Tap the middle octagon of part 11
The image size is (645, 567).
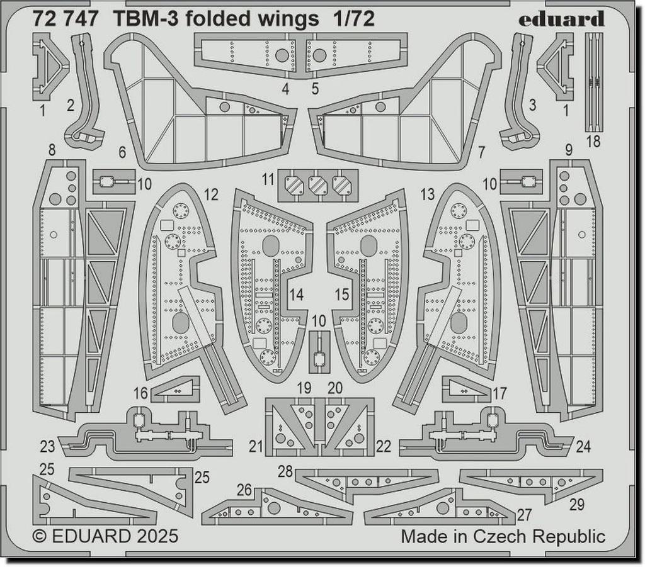coord(318,185)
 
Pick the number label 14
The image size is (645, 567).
coord(296,294)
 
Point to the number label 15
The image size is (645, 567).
coord(342,294)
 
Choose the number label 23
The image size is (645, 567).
coord(47,447)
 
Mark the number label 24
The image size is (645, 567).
coord(583,447)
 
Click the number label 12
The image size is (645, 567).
coord(211,195)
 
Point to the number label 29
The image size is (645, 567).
coord(576,504)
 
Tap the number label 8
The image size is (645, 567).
coord(52,150)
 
